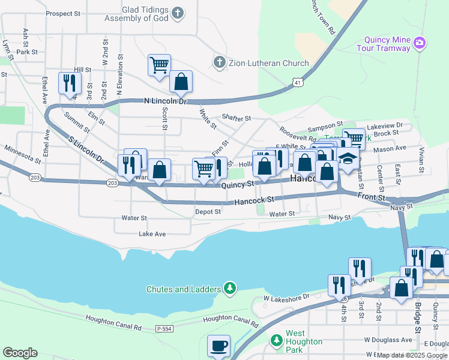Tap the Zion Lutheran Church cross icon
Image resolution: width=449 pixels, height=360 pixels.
220,62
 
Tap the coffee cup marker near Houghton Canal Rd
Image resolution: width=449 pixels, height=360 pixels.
218,346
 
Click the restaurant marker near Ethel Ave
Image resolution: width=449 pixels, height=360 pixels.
69,83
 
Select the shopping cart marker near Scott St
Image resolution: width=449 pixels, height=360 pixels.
159,65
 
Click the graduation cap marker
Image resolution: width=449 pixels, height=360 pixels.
347,160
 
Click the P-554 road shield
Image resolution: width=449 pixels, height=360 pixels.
164,329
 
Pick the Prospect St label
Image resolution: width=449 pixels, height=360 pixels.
62,13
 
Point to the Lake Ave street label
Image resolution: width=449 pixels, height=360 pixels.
152,234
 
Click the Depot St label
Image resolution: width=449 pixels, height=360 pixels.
208,212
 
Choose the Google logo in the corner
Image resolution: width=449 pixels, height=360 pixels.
20,353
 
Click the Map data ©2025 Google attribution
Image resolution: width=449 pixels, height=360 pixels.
412,355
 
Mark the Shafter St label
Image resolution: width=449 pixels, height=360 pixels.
236,118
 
